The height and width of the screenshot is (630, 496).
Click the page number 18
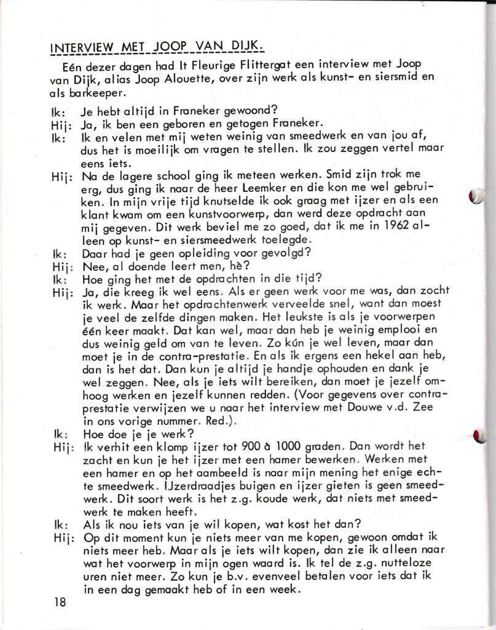60,602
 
